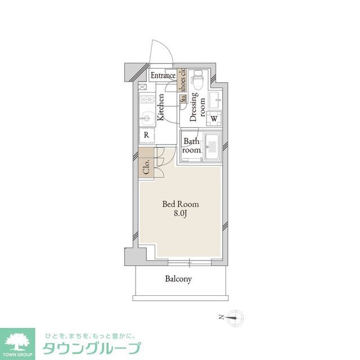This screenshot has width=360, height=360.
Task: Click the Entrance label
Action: pyautogui.click(x=163, y=76)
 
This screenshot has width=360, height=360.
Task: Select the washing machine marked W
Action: pyautogui.click(x=214, y=119)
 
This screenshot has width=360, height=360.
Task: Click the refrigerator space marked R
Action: pyautogui.click(x=146, y=135)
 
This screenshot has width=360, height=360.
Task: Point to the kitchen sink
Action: pyautogui.click(x=147, y=119)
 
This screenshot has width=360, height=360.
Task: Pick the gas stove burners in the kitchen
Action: pyautogui.click(x=146, y=101)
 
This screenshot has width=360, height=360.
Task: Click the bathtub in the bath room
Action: pyautogui.click(x=213, y=147)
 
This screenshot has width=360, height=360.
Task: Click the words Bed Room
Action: pyautogui.click(x=180, y=204)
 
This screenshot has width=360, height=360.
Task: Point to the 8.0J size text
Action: pyautogui.click(x=180, y=214)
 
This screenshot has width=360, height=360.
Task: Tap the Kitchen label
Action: pyautogui.click(x=161, y=107)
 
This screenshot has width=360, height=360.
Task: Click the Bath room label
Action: pyautogui.click(x=191, y=146)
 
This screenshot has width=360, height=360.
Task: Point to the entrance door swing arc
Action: pyautogui.click(x=160, y=54)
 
